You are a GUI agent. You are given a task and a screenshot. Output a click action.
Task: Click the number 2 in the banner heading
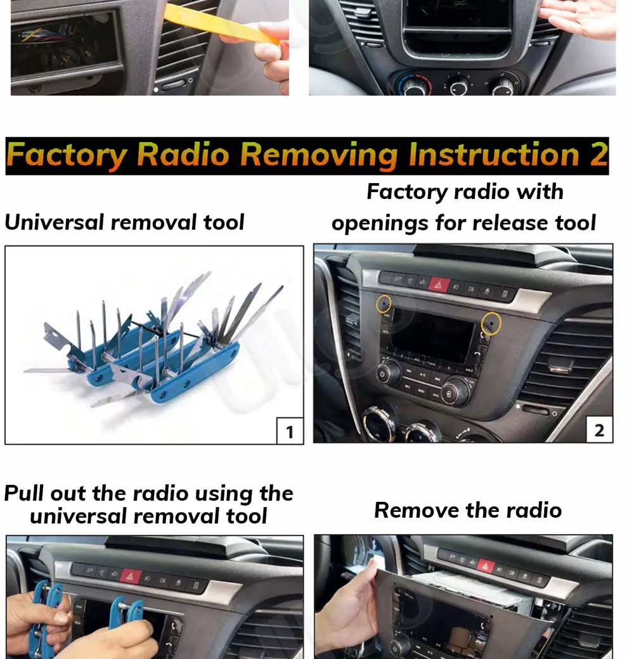(598, 154)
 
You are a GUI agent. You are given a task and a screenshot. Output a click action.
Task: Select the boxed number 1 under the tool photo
(290, 432)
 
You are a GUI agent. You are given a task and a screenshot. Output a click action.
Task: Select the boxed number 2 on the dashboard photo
(600, 430)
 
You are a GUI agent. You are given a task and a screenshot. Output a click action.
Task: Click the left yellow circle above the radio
(384, 304)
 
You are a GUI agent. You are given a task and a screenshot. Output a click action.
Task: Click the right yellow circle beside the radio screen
(491, 323)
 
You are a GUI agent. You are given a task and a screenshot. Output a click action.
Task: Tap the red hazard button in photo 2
(439, 285)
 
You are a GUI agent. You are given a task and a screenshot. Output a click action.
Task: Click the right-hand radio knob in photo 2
(455, 392)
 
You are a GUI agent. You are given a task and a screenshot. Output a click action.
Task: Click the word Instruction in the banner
(495, 154)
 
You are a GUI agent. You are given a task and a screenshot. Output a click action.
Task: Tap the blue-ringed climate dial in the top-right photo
(414, 84)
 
